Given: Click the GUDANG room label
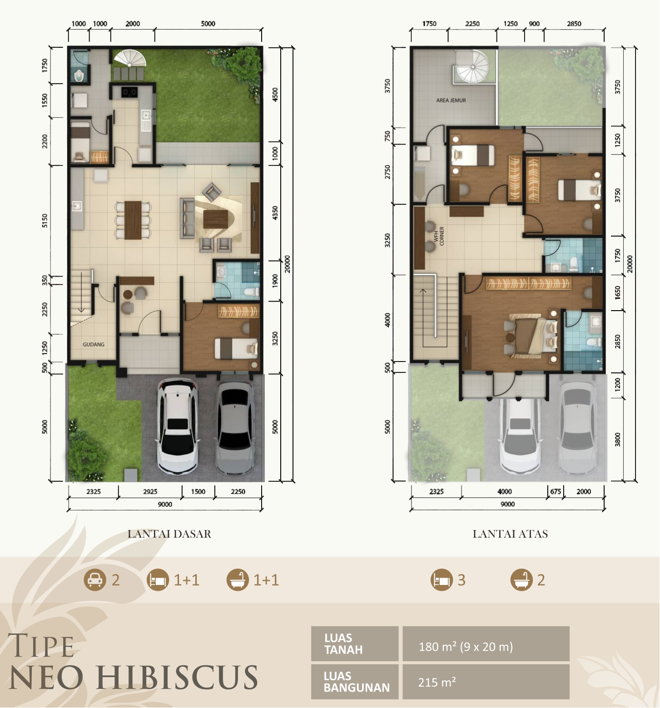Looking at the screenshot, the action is point(94,345).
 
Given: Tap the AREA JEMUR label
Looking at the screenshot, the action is point(451,100).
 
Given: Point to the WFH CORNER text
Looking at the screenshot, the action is point(439,236).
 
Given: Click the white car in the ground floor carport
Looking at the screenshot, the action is point(178,427).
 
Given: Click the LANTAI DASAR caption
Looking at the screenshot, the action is point(169,534).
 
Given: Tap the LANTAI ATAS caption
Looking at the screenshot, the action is point(510,534).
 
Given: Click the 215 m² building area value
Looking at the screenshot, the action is point(437,682).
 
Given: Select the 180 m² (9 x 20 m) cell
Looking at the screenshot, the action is point(486,644).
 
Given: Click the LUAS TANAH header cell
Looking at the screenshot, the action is point(355,644).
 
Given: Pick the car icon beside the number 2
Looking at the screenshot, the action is point(94,580).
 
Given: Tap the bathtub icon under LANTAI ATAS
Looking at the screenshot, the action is point(521,580).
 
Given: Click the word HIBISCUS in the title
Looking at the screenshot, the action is point(177,678).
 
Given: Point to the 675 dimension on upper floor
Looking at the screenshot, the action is point(556,491).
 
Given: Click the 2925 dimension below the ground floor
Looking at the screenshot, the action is point(150,491).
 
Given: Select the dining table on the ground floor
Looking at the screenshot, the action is point(133,220).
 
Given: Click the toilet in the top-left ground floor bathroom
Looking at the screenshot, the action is point(79,75).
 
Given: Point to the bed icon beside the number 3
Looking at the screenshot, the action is point(442,580).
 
